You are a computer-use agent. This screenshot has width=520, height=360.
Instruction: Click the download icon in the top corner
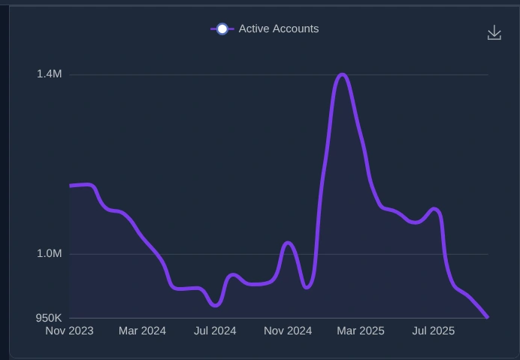[x=494, y=32]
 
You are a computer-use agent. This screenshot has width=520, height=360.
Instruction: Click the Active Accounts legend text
[x=278, y=29]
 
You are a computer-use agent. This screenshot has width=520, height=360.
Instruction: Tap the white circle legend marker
[x=222, y=29]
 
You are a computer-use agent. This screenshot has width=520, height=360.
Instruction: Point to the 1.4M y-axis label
[x=49, y=74]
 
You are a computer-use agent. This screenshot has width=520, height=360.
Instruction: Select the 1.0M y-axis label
[x=49, y=253]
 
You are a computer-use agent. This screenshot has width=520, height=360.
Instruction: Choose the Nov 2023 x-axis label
[x=70, y=331]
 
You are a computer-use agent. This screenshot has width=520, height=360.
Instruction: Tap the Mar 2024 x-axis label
[x=142, y=331]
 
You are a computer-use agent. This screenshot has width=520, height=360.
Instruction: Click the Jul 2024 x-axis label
[x=215, y=331]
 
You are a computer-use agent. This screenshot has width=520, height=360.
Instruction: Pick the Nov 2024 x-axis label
[x=288, y=331]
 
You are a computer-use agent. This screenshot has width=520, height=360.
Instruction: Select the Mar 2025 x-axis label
[x=361, y=331]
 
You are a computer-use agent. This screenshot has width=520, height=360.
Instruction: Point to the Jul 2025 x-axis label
[x=434, y=331]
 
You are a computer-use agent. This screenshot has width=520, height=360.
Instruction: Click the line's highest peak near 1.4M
[x=342, y=74]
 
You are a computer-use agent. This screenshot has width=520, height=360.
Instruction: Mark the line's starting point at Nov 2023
[x=71, y=186]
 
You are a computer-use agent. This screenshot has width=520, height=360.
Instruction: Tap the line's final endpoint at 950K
[x=488, y=317]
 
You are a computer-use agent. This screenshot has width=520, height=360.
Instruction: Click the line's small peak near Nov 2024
[x=287, y=243]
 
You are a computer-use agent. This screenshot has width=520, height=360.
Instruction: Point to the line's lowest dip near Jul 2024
[x=216, y=305]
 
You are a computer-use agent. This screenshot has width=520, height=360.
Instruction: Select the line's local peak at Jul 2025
[x=434, y=208]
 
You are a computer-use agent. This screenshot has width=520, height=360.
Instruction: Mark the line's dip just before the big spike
[x=307, y=287]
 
